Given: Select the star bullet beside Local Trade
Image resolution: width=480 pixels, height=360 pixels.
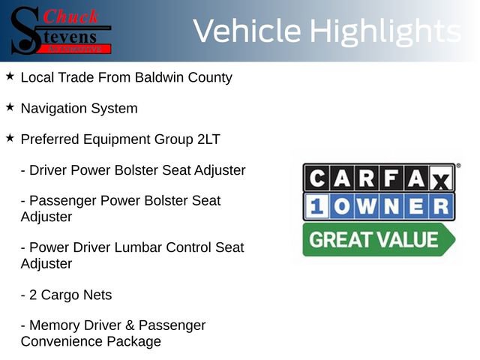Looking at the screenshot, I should (10, 76).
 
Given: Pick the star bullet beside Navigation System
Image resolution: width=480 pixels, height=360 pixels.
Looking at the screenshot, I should (10, 107).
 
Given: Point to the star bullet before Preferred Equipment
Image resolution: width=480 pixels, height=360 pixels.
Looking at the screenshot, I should (10, 138).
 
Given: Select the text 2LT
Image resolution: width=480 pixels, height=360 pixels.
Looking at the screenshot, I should (204, 139).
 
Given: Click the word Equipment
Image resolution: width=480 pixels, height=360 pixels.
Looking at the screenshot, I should (119, 139).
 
